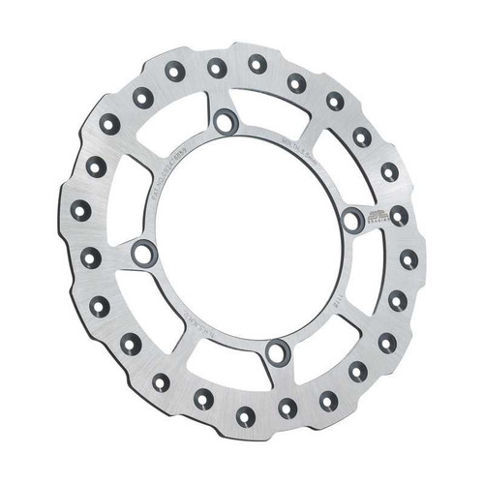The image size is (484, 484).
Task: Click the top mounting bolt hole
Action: point(226,121)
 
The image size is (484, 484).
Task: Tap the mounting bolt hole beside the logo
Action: point(352,221)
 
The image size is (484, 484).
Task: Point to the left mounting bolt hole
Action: point(143,255)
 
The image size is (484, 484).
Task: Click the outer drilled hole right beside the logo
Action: point(399,215)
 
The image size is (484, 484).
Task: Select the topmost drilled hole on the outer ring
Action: point(257,64)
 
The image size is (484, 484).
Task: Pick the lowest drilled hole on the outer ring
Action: point(246,417)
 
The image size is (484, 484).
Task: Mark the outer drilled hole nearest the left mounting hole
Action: point(89,257)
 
